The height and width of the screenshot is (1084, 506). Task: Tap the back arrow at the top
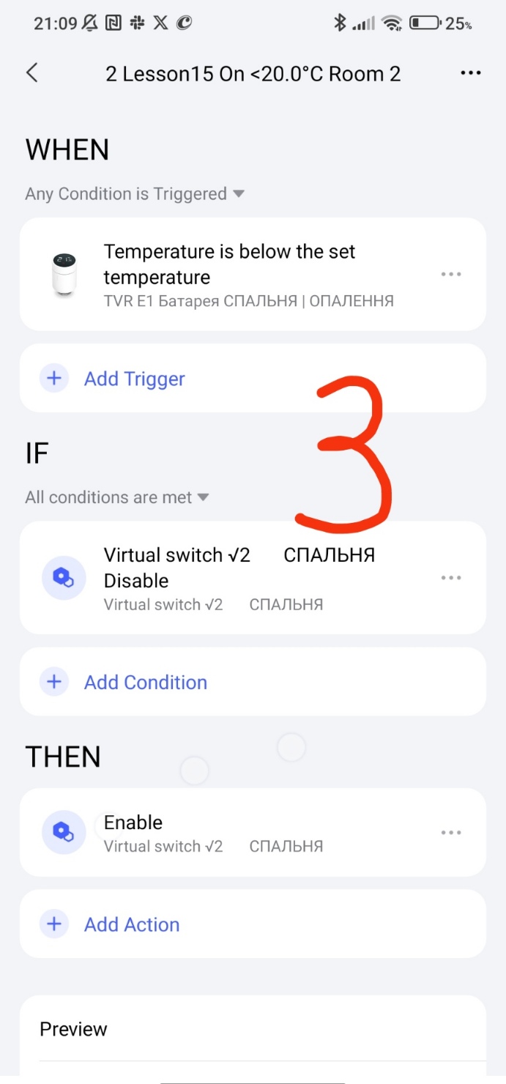point(32,73)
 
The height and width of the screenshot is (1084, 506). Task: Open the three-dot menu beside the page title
point(471,73)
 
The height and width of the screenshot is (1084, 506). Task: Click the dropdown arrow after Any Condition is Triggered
point(239,194)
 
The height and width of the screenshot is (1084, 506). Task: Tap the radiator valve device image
point(64,274)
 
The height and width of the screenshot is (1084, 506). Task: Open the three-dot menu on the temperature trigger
point(451,275)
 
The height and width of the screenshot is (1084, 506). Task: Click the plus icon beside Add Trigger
point(54,378)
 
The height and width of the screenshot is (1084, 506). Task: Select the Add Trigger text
point(135,379)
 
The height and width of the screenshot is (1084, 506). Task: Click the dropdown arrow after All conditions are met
point(203,497)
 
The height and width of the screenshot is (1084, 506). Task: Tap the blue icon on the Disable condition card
point(64,578)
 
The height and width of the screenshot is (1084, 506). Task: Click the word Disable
point(136,581)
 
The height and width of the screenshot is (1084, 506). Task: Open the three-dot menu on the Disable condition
point(451,578)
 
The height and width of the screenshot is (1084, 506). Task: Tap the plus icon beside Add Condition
point(54,682)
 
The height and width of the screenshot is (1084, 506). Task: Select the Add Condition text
point(146,683)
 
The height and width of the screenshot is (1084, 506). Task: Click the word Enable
point(133,823)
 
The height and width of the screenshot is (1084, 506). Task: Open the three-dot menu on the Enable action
point(451,833)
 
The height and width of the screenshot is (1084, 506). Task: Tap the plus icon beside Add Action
point(54,924)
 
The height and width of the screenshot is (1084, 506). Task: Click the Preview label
point(73,1029)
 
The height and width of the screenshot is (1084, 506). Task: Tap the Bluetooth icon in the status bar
point(340,23)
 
